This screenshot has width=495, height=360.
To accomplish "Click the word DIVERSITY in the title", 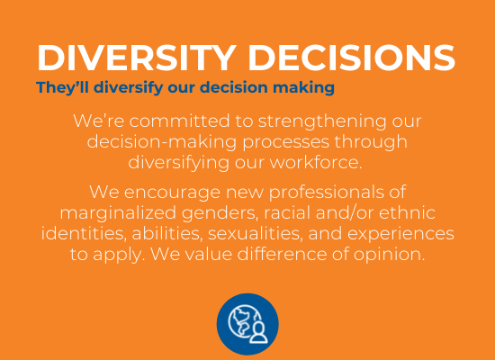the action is click(137, 58).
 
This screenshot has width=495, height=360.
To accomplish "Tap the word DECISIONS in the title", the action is click(351, 58).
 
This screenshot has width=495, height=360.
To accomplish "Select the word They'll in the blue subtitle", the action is click(62, 87).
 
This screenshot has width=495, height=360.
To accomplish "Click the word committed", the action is click(179, 121).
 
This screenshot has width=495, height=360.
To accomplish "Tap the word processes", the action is click(285, 143).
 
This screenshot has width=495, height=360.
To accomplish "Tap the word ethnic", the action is click(407, 212).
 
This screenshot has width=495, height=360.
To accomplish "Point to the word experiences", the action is click(400, 235).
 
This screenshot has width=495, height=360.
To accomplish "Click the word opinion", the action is click(389, 256).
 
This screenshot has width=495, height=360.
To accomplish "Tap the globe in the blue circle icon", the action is click(242, 321).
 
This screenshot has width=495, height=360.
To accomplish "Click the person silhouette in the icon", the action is click(258, 332).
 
